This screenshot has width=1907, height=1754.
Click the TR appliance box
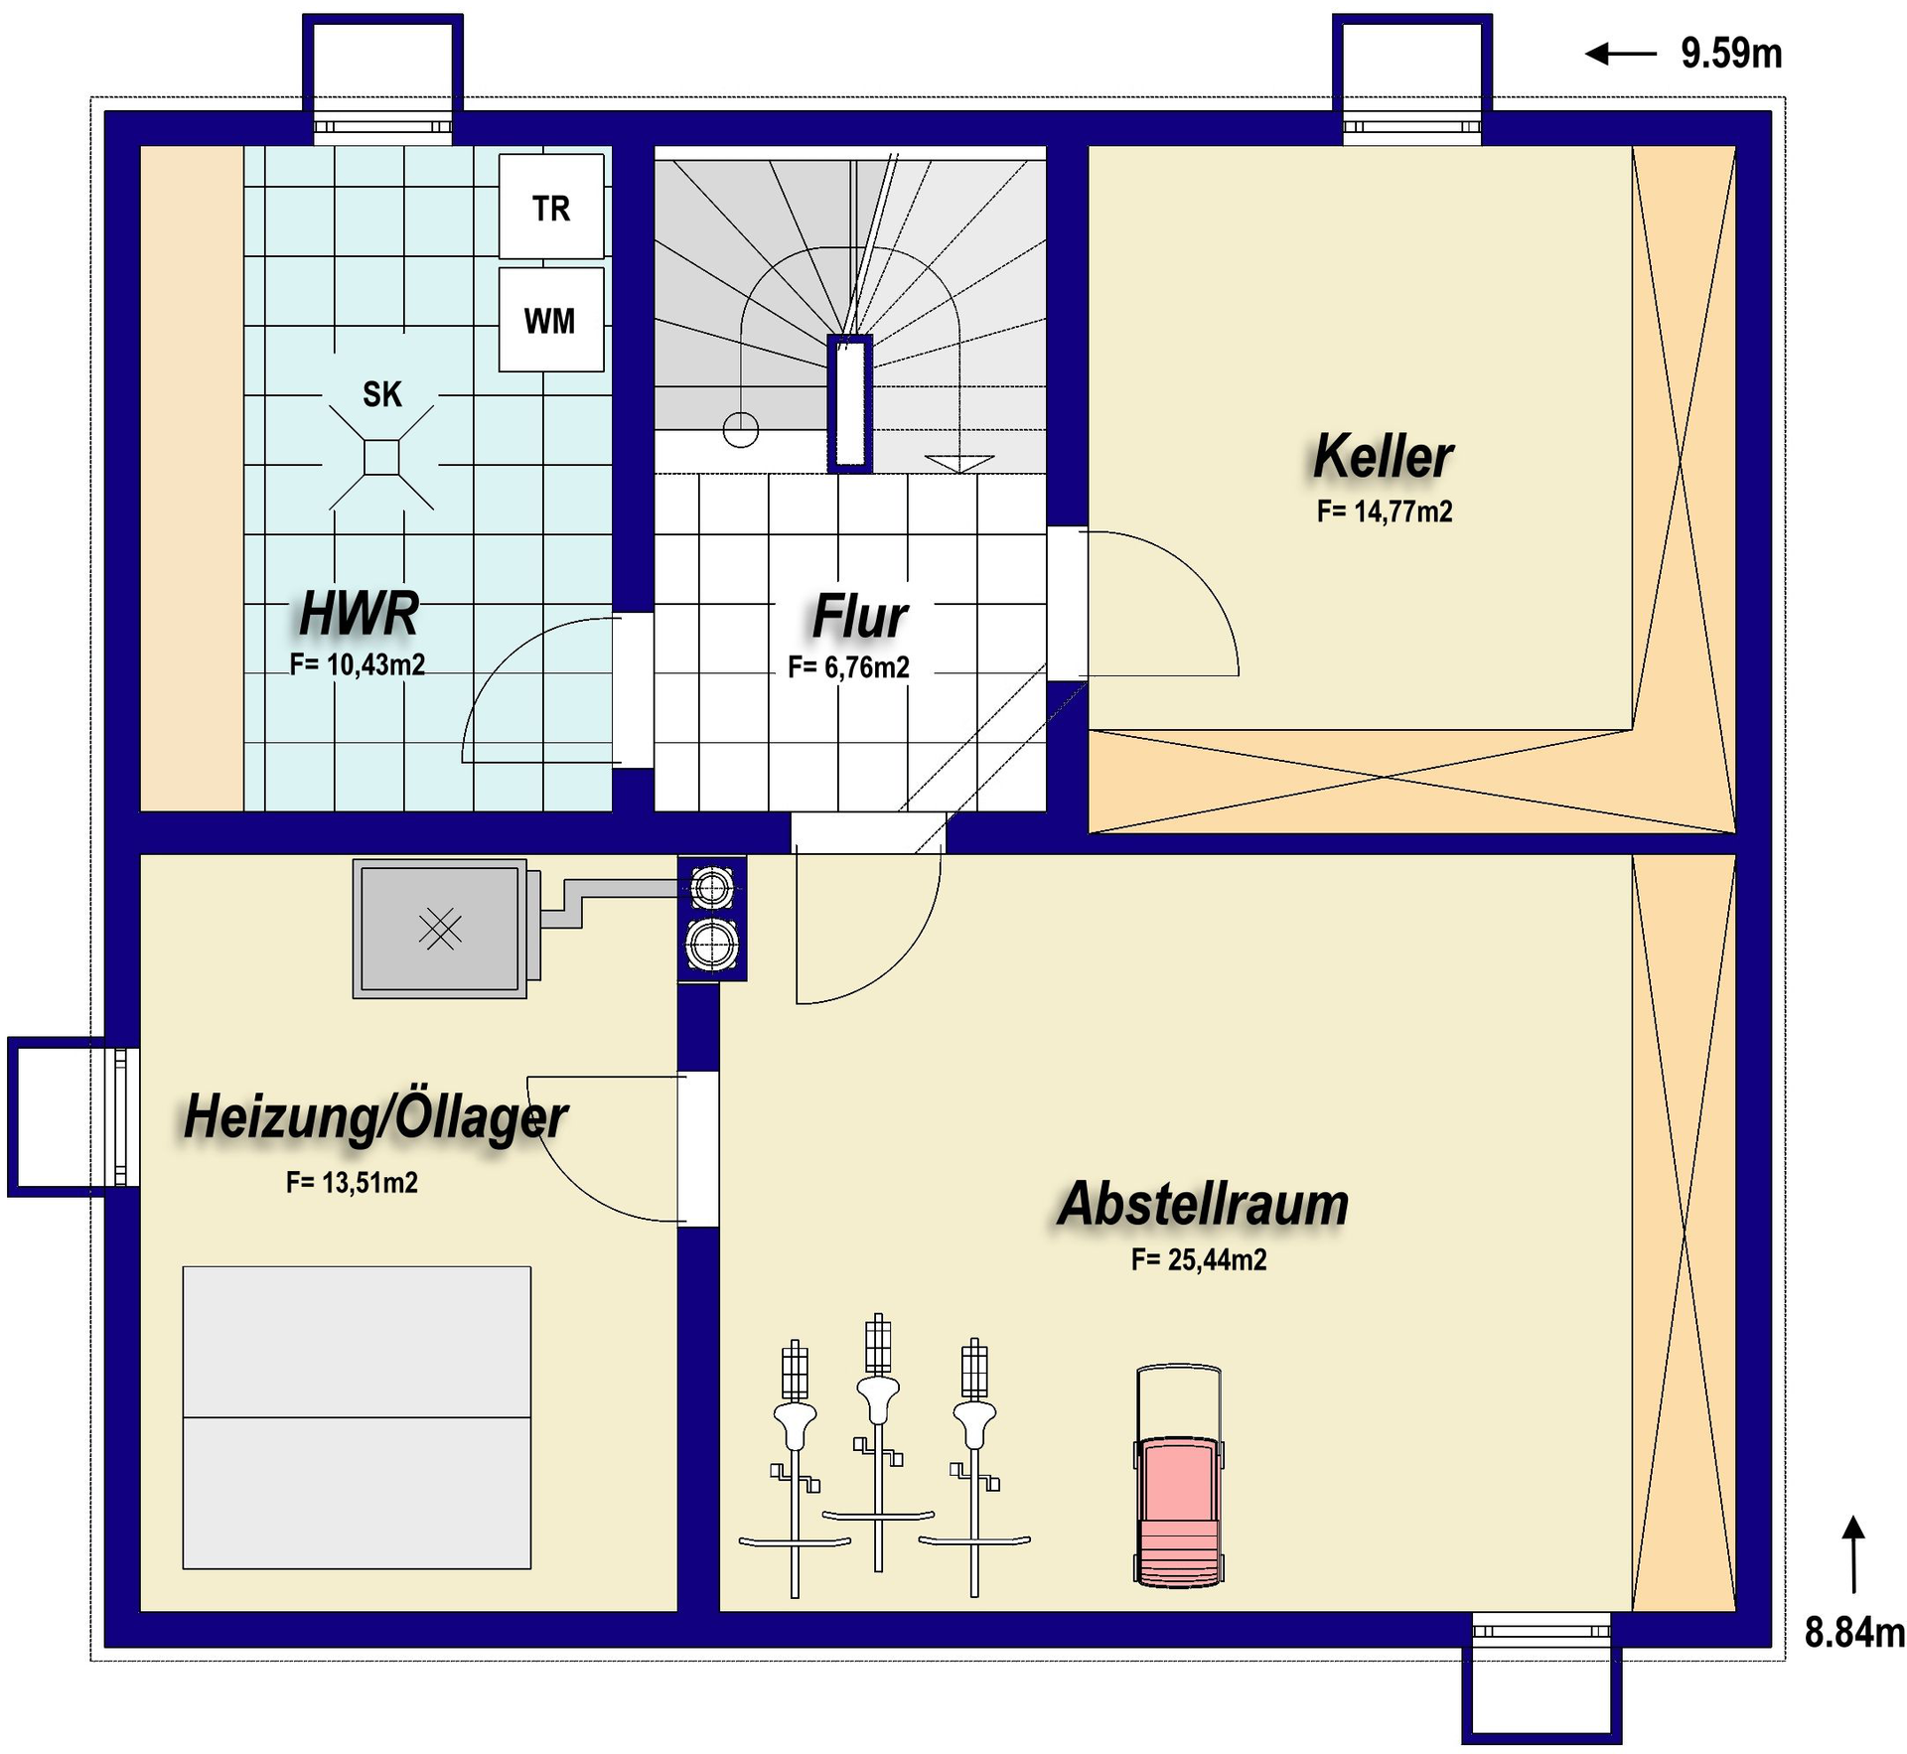pos(551,207)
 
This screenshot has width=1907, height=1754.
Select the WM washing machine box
pos(551,320)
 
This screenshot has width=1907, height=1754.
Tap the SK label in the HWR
pos(382,395)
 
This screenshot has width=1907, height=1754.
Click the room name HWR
pos(360,613)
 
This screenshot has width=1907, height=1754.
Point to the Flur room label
pos(859,617)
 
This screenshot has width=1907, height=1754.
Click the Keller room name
pos(1383,457)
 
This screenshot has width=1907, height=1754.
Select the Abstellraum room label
pos(1203,1205)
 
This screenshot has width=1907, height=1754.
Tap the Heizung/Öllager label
pos(375,1117)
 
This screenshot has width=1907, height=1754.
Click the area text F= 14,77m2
pos(1385,512)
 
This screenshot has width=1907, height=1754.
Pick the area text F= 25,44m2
pos(1199,1260)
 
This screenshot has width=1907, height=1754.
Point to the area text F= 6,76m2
pos(849,667)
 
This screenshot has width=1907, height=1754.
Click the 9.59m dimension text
pos(1731,54)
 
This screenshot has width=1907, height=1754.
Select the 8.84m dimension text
pos(1854,1633)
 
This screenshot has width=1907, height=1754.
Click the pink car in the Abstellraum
pos(1178,1476)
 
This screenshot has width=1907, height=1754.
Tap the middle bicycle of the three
pos(878,1443)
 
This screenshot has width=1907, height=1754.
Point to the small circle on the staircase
pos(741,430)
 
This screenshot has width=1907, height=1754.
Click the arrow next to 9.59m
pos(1621,54)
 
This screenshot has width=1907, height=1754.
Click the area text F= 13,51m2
pos(352,1183)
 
